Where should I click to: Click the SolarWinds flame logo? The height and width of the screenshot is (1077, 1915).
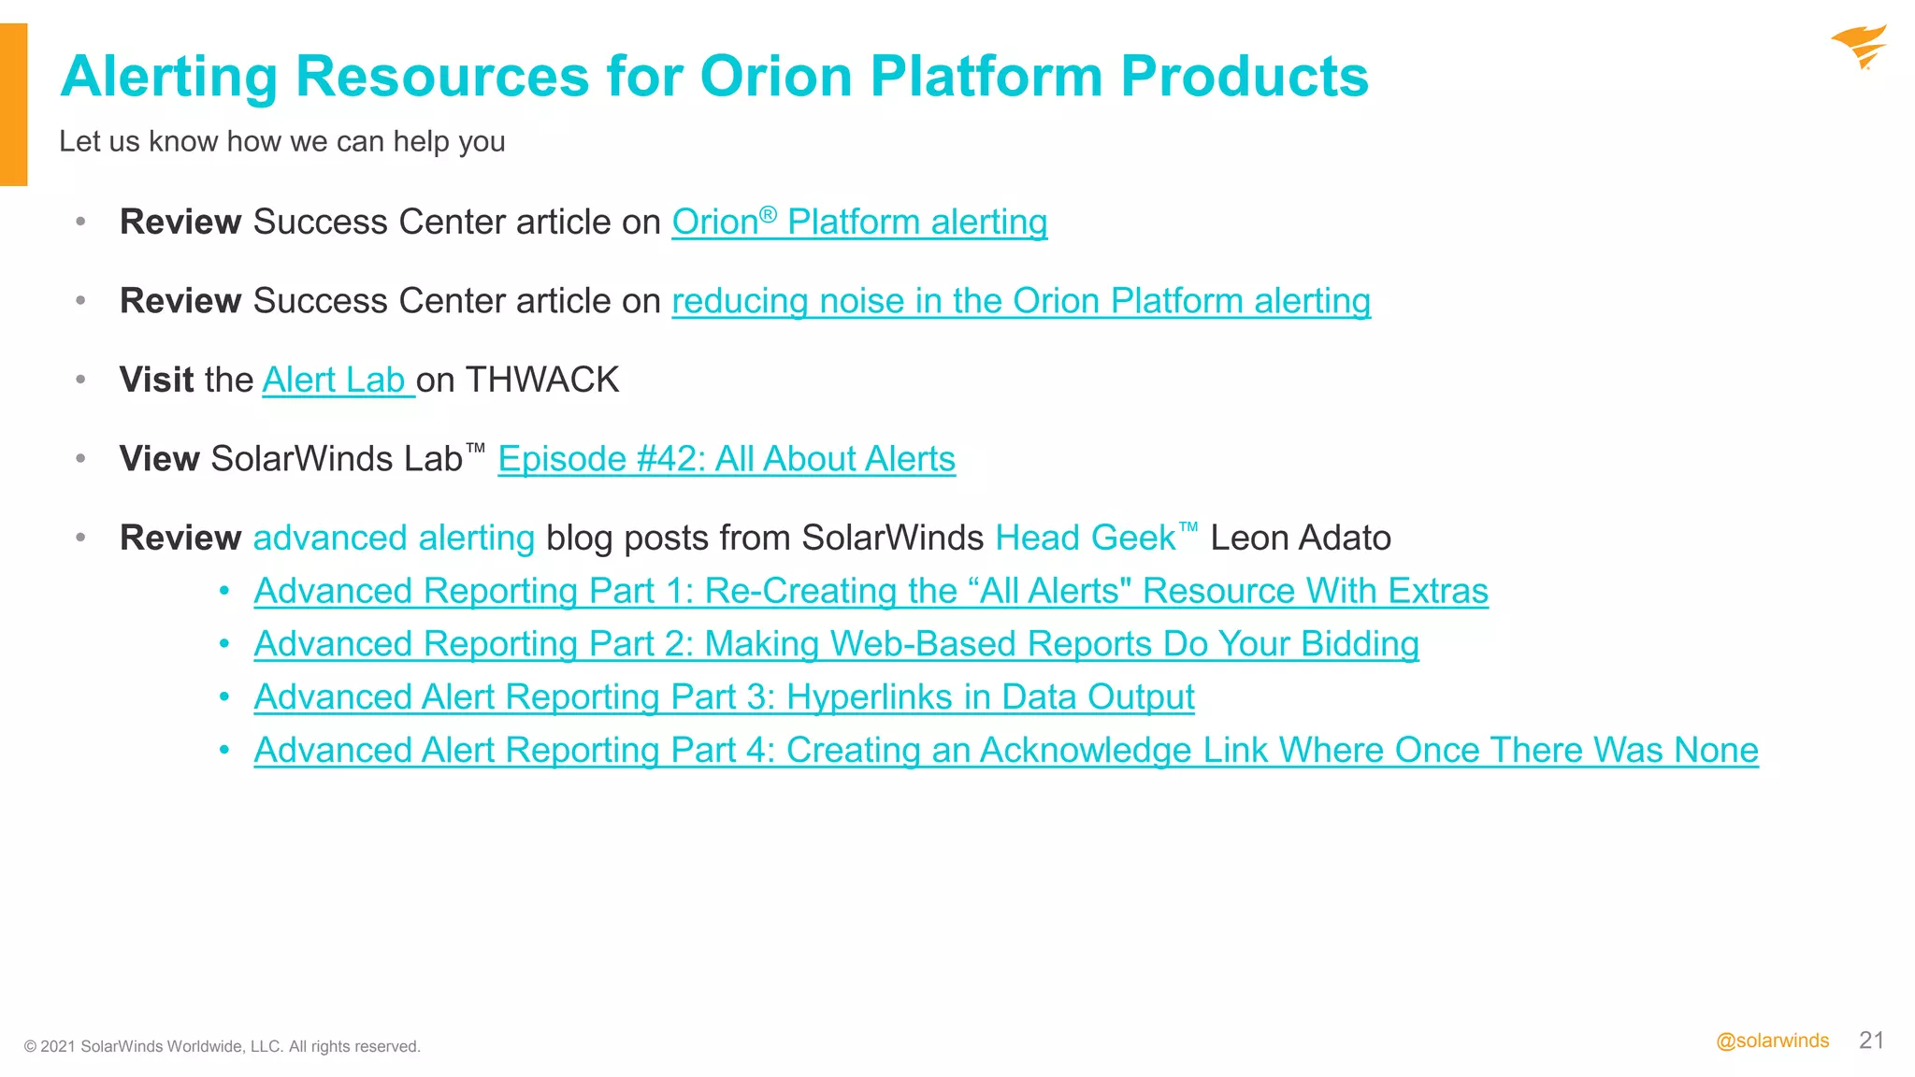1859,47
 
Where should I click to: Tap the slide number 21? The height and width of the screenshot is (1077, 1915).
1871,1040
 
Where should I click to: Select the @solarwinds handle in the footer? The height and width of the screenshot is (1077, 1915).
1772,1041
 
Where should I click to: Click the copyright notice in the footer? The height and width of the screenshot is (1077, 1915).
223,1046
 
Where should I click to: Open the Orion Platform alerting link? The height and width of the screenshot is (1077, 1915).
858,223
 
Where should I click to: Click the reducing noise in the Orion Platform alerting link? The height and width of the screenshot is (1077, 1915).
1020,301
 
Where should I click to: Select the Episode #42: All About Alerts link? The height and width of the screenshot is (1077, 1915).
726,459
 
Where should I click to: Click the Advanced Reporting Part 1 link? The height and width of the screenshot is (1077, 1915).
871,591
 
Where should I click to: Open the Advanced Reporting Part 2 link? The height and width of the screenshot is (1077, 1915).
836,644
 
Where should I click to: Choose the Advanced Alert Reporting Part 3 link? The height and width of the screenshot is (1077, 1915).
724,697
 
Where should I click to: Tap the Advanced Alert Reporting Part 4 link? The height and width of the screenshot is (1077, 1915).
1005,750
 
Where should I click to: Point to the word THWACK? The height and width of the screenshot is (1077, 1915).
542,381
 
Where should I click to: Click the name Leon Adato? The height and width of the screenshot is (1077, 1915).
1300,538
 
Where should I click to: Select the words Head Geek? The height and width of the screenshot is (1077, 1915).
1085,538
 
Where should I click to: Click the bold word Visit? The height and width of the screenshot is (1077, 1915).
156,381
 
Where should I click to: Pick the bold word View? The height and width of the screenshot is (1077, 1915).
159,459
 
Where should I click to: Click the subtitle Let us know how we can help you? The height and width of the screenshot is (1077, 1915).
281,141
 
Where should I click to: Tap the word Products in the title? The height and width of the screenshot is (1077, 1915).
1244,76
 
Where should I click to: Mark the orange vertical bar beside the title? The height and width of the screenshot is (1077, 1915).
13,105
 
